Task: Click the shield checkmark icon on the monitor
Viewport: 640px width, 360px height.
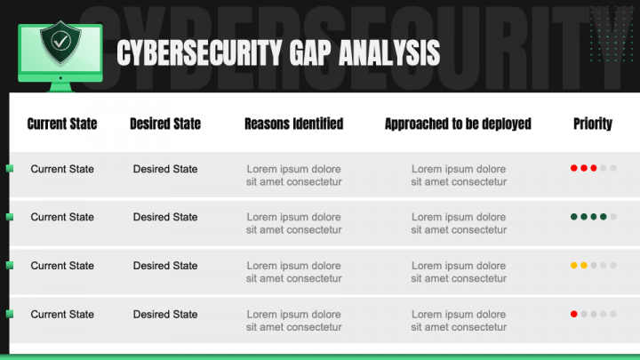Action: click(60, 41)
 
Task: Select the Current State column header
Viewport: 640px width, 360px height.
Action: click(62, 124)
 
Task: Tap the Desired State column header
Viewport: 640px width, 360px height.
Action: click(165, 124)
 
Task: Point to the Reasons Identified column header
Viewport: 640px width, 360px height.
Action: click(293, 124)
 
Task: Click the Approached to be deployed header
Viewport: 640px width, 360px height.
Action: click(458, 124)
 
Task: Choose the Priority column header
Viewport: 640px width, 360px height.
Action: click(593, 124)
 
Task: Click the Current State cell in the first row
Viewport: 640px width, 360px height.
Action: click(62, 169)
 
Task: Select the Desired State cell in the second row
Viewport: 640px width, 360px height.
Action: click(165, 217)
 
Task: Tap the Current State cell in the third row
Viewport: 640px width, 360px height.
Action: click(62, 266)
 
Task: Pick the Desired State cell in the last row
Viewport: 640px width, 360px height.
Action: click(165, 314)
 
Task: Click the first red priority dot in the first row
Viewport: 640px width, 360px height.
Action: click(574, 167)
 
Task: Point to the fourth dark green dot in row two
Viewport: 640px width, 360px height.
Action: click(604, 216)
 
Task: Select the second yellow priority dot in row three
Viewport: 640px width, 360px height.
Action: click(584, 265)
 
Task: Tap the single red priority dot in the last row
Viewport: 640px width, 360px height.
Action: click(574, 313)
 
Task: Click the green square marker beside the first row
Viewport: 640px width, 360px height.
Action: click(9, 168)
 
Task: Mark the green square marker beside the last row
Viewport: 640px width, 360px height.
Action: click(9, 313)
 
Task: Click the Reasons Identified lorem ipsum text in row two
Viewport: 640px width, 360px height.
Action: click(293, 223)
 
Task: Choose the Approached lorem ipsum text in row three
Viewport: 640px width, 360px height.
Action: click(458, 272)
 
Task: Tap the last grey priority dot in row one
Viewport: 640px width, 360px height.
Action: click(613, 167)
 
